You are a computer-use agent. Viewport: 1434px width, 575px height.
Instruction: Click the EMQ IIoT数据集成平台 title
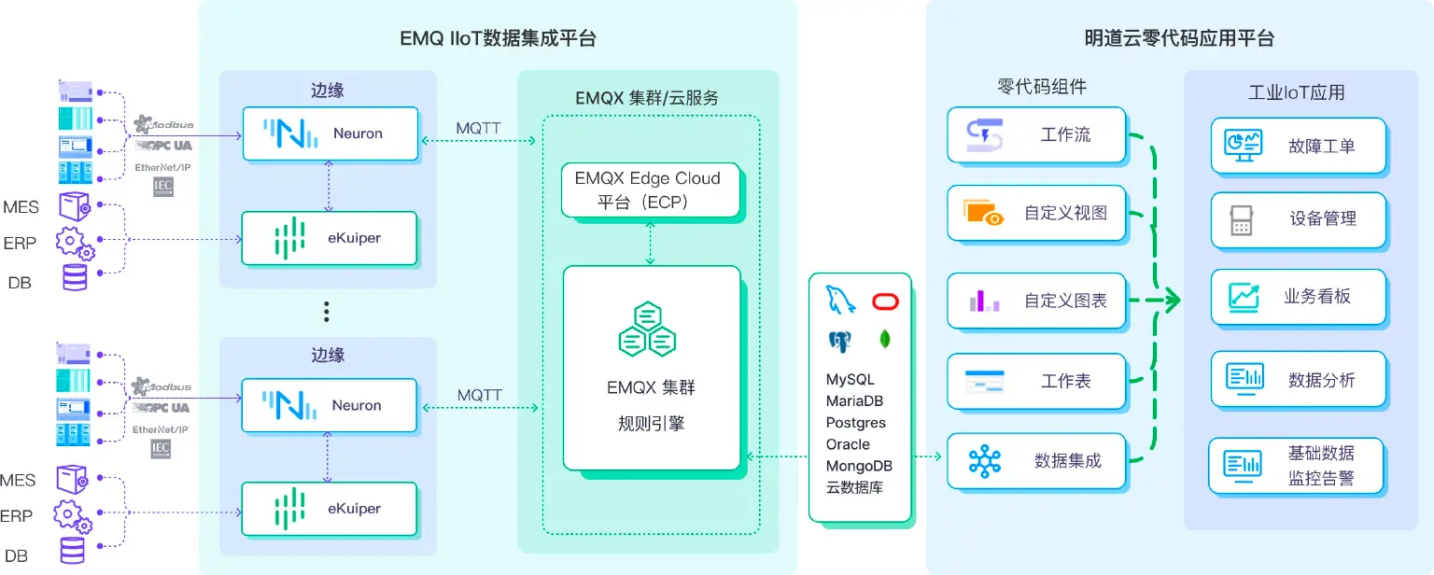[x=498, y=38]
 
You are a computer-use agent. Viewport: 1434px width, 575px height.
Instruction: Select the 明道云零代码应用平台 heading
[x=1179, y=38]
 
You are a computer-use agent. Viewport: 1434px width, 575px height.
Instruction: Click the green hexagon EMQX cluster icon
[x=648, y=330]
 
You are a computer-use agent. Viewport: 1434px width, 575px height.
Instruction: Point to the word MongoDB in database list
[x=859, y=466]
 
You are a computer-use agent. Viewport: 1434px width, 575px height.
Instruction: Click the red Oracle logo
[x=883, y=301]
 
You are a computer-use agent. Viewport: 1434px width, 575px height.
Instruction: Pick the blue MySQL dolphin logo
[x=840, y=301]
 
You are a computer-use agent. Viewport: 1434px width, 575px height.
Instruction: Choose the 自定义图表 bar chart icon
[x=984, y=301]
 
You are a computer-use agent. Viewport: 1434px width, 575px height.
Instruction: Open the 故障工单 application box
[x=1298, y=146]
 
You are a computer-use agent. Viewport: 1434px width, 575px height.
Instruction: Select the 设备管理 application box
[x=1298, y=219]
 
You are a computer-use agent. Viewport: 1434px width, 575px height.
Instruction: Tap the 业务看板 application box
[x=1298, y=297]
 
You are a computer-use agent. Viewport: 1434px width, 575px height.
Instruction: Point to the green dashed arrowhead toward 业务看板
[x=1173, y=301]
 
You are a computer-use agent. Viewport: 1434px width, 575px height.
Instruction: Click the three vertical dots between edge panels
[x=326, y=312]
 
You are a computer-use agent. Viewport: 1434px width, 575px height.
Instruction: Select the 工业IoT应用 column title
[x=1296, y=92]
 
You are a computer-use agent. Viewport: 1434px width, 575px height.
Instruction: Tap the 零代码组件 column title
[x=1041, y=87]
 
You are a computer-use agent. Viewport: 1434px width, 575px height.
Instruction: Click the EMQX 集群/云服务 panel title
[x=647, y=97]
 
